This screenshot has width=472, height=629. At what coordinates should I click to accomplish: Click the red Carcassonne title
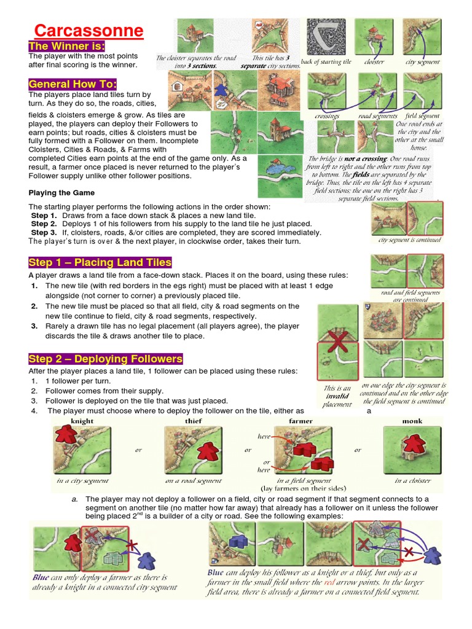coord(88,31)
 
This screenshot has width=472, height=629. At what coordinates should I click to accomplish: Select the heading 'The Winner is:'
coord(67,47)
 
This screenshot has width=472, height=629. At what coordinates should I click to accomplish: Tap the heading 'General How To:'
coord(73,84)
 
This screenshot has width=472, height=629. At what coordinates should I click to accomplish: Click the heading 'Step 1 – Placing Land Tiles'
coord(100,262)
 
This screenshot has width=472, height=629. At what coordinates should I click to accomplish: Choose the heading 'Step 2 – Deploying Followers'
coord(105,359)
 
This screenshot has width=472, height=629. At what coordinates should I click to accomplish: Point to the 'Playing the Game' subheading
coord(61,192)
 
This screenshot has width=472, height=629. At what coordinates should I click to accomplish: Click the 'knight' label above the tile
coord(82,421)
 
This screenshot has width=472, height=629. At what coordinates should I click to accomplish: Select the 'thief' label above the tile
coord(193,421)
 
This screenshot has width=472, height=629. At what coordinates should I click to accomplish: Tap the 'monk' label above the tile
coord(412,421)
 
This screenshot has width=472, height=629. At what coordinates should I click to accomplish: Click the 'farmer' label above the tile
coord(301,421)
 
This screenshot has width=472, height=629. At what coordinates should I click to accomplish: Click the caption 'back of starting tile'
coord(326,62)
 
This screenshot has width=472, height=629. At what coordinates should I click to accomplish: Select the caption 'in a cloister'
coord(412,481)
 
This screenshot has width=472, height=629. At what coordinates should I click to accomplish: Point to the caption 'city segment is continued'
coord(409,240)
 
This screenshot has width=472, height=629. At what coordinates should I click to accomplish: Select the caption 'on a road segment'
coord(193,481)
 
